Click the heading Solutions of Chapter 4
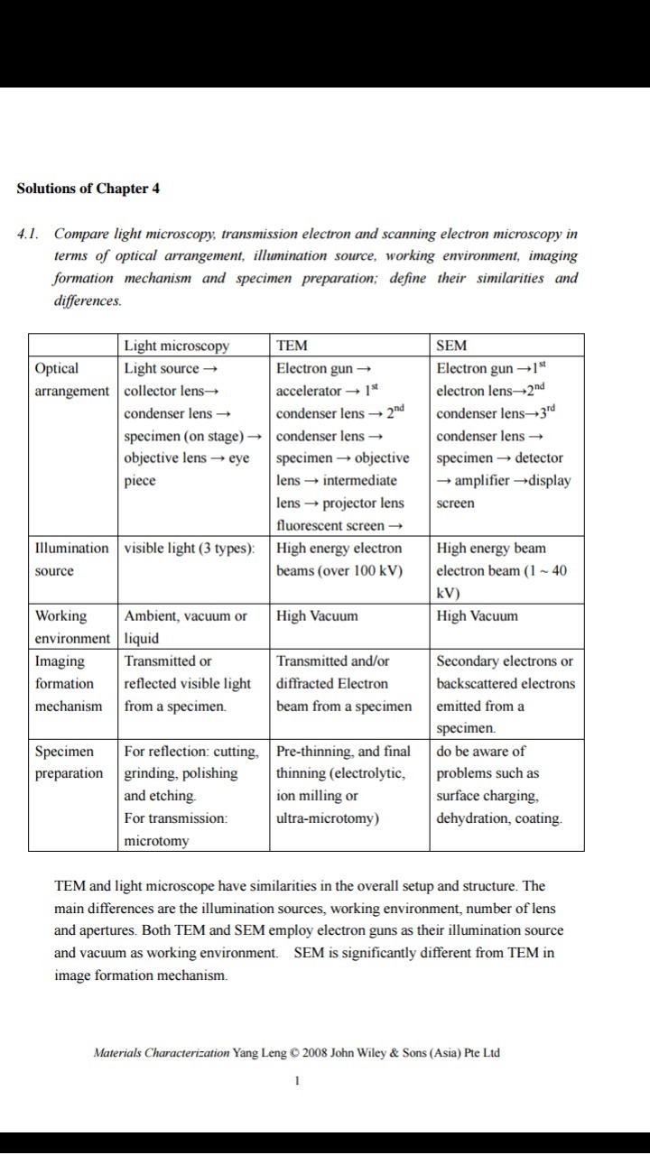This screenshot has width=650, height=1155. click(88, 189)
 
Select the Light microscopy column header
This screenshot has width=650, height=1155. click(176, 346)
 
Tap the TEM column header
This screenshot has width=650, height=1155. click(292, 346)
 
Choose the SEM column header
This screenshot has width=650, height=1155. click(452, 346)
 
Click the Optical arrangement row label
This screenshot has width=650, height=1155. click(71, 379)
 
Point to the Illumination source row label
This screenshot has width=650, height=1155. click(71, 559)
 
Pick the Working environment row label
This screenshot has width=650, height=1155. click(71, 627)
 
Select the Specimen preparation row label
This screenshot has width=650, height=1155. click(69, 762)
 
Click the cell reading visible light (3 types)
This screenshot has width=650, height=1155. click(189, 549)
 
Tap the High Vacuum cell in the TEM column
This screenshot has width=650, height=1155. click(317, 616)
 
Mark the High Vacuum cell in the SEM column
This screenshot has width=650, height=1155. click(478, 616)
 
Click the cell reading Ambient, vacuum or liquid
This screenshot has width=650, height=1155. click(185, 627)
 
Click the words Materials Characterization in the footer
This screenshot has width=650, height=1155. click(161, 1053)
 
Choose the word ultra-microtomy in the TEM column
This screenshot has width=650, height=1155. click(327, 818)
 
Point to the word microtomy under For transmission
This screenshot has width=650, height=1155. click(156, 841)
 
